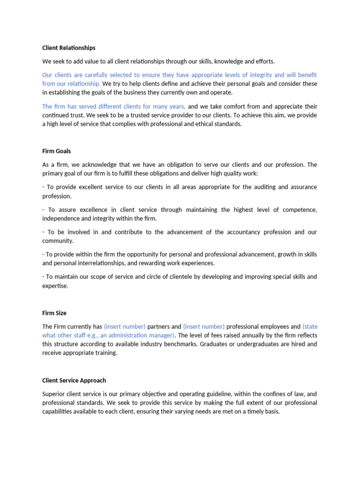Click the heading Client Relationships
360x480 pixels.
[x=68, y=48]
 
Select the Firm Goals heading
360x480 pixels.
[x=56, y=151]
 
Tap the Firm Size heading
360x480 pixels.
[x=54, y=313]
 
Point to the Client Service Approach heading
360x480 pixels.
[x=74, y=380]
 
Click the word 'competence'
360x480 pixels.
[x=297, y=210]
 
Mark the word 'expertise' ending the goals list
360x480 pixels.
[x=55, y=285]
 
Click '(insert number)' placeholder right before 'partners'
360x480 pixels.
[x=125, y=326]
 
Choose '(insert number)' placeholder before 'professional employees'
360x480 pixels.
[x=204, y=326]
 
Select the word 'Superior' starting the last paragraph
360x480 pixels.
[x=54, y=394]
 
